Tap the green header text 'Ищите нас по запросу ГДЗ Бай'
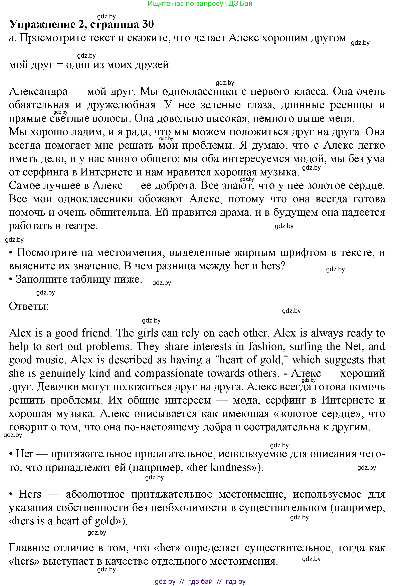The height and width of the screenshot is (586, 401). click(200, 4)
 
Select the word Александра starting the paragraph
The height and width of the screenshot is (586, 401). click(38, 91)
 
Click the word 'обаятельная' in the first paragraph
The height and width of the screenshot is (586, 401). click(39, 105)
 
